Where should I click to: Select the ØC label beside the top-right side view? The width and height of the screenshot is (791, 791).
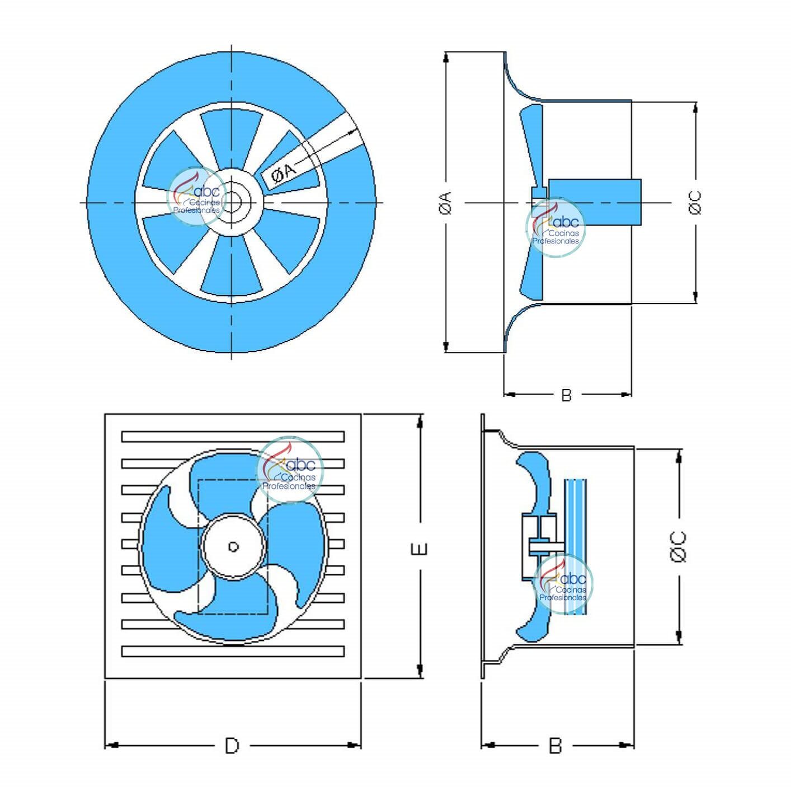695,202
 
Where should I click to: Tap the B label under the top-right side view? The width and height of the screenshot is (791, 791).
566,395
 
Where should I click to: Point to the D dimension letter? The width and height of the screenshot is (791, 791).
232,745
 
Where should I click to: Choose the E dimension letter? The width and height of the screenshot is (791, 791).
419,549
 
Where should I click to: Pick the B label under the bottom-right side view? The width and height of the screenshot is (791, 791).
555,745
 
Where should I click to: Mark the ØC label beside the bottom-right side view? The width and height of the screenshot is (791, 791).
677,546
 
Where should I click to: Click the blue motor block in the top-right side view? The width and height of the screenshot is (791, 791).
595,202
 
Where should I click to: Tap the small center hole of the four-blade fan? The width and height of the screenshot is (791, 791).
234,546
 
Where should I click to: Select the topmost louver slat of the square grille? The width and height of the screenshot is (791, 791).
233,437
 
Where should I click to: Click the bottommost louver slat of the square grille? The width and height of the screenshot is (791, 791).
233,651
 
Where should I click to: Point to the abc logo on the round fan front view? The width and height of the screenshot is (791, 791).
196,196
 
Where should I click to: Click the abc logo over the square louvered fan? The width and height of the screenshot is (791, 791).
290,470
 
